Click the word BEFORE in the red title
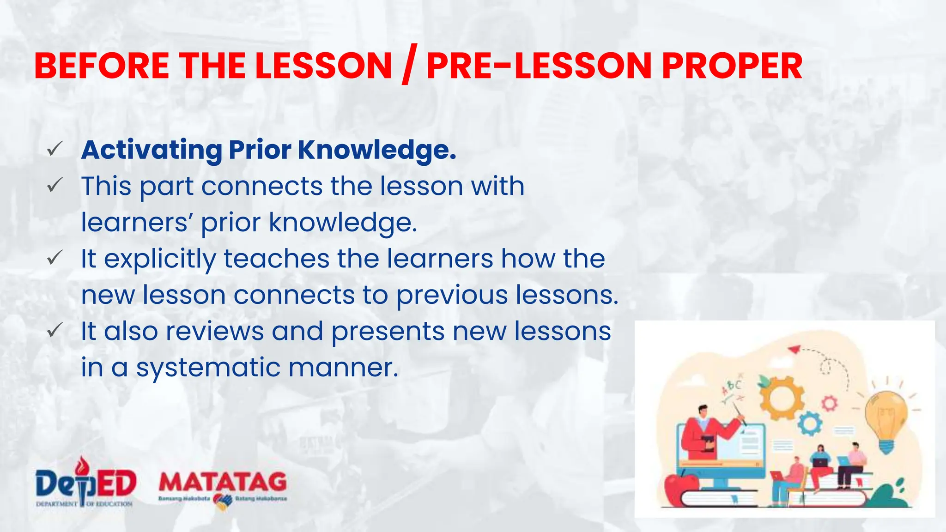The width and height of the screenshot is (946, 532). point(102,66)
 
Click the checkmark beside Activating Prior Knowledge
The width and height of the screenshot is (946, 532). point(55,149)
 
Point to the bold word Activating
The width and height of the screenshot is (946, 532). point(152,151)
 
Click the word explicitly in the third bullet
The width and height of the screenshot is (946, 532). point(160,260)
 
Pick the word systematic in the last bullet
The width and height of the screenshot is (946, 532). point(208,368)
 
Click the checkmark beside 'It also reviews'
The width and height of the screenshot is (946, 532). point(55,330)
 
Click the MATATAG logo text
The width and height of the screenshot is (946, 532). point(223,483)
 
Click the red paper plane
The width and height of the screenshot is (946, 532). point(794,349)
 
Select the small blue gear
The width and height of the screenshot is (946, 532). point(809,423)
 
